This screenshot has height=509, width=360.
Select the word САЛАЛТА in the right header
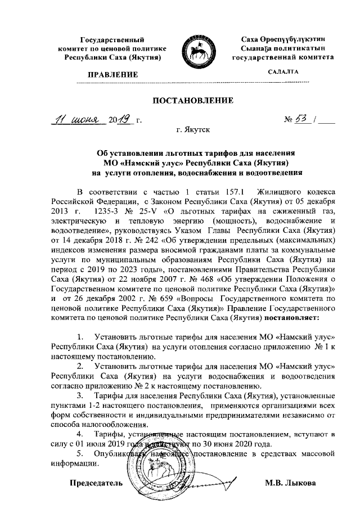tap(283, 71)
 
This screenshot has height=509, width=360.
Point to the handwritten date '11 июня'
tap(74, 120)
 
